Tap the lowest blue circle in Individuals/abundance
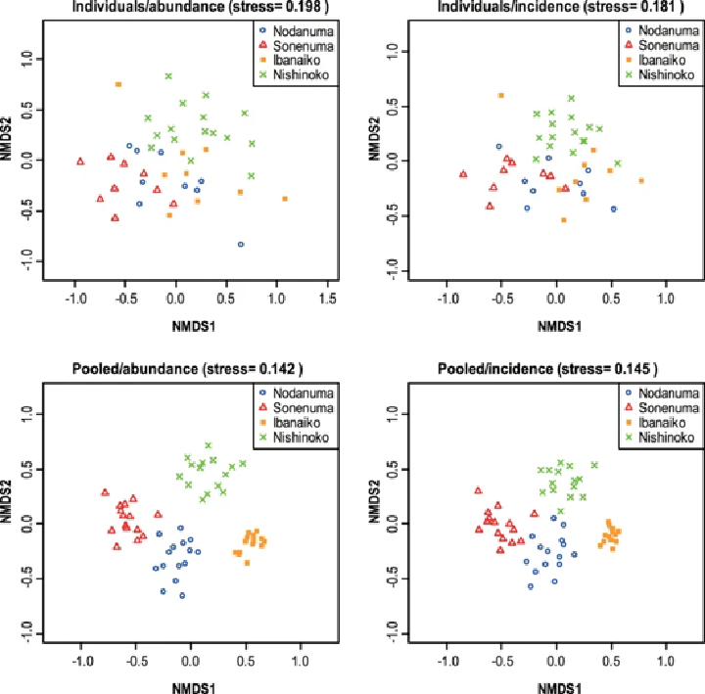click(241, 244)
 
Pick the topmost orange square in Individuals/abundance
click(118, 84)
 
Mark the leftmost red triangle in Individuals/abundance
click(81, 162)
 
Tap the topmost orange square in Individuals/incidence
click(500, 95)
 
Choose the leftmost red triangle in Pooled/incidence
click(478, 490)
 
